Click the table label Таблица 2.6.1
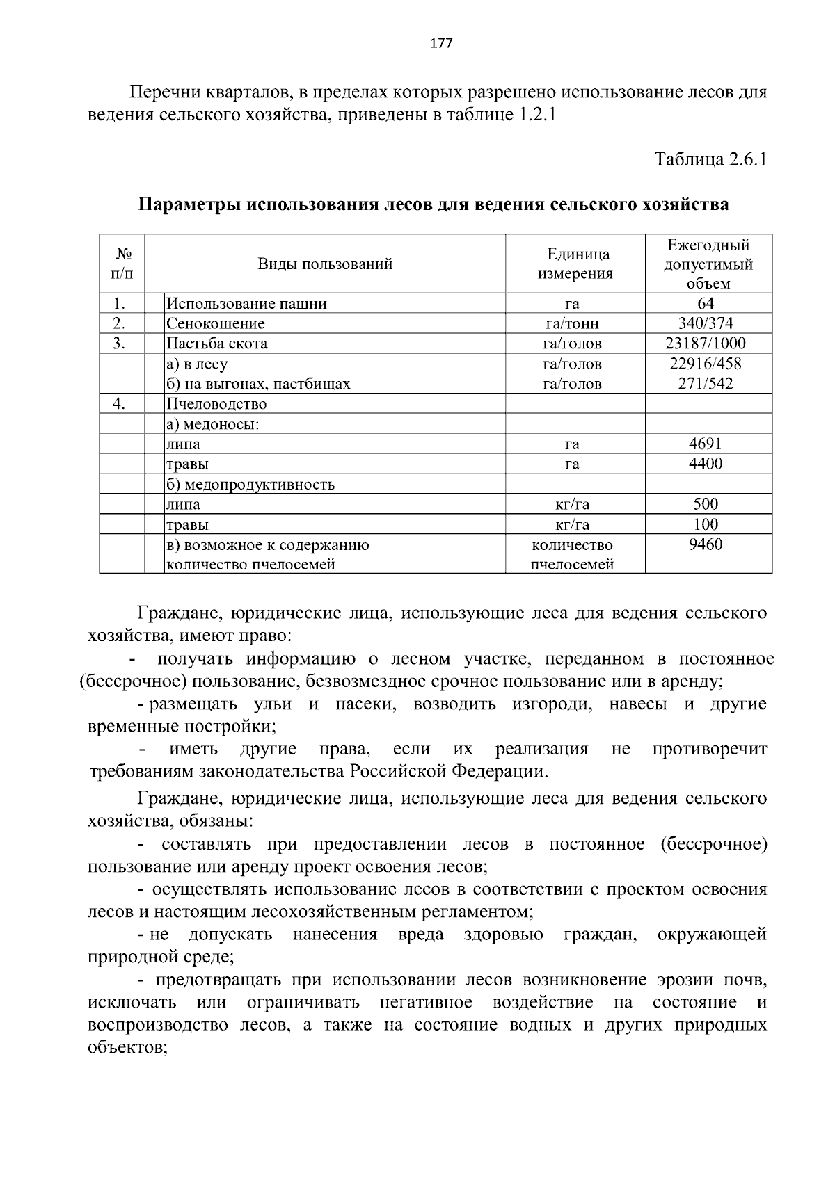(710, 159)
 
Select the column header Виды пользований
(325, 264)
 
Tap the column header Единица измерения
(575, 264)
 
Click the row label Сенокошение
(215, 323)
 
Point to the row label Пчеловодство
(216, 403)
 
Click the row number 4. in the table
(120, 403)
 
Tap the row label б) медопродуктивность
(250, 484)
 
